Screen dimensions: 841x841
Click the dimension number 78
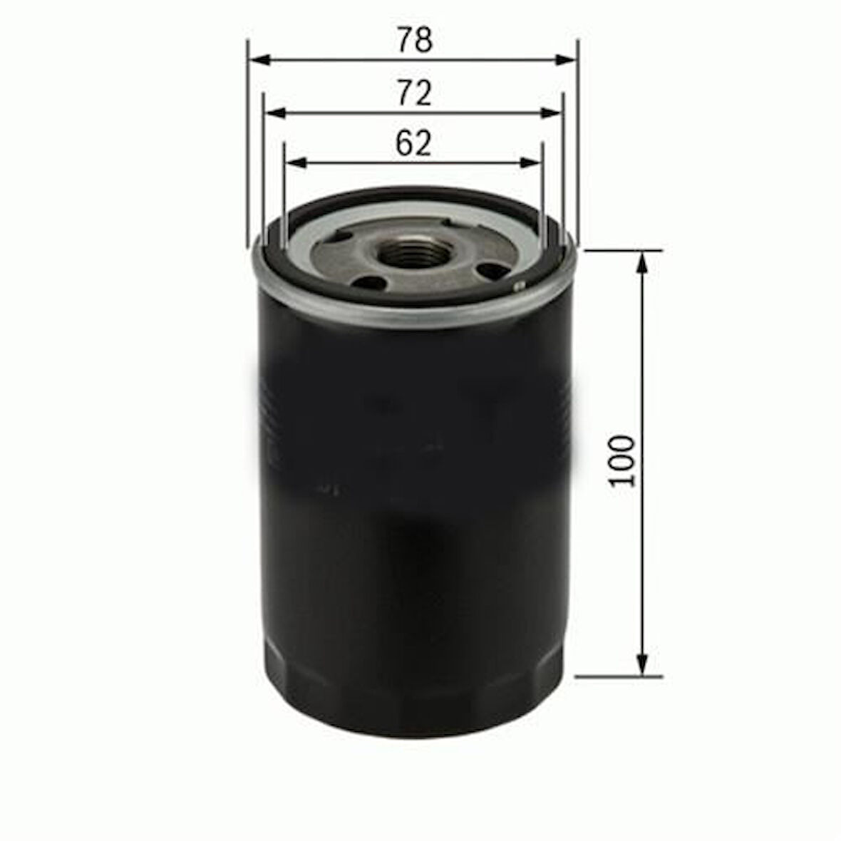coord(415,40)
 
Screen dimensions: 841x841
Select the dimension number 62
coord(413,143)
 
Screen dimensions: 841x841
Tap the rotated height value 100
coord(622,460)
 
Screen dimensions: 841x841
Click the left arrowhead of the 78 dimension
coord(261,60)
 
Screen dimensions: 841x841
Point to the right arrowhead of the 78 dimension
coord(567,60)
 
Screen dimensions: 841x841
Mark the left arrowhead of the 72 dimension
coord(276,113)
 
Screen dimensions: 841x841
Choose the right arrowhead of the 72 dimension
coord(552,113)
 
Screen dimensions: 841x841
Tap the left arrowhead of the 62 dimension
coord(296,162)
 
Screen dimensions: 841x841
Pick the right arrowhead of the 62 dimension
coord(530,162)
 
